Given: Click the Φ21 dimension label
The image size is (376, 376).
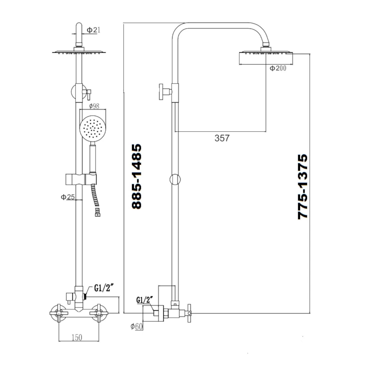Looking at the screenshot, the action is (93, 30).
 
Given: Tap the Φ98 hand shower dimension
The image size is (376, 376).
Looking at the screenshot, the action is (94, 106).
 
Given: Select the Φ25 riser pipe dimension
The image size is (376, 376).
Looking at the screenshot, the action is (68, 197).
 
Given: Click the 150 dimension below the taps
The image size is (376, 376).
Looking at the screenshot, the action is (77, 338).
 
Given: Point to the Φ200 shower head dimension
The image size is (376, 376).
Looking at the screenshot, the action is (278, 68).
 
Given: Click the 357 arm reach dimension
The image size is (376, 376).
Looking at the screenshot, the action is (222, 138).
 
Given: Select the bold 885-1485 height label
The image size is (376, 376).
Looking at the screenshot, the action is (137, 176).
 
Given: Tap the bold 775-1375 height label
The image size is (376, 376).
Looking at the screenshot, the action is (303, 187).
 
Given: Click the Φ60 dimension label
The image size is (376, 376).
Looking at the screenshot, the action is (137, 326).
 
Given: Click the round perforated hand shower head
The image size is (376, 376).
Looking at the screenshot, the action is (93, 127).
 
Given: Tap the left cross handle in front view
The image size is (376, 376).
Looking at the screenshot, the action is (59, 313).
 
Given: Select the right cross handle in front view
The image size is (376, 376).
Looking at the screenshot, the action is (99, 313).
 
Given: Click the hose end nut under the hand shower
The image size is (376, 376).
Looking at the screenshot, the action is (98, 213).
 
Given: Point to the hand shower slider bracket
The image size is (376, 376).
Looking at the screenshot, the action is (81, 179).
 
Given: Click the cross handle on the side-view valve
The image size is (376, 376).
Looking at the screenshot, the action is (189, 313).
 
